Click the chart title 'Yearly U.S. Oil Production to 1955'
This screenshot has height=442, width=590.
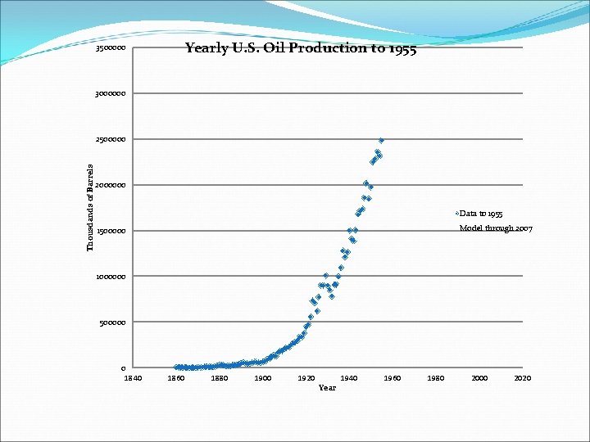click(x=300, y=48)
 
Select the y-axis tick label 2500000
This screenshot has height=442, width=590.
click(x=111, y=140)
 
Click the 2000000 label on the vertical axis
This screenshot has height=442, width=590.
click(x=111, y=186)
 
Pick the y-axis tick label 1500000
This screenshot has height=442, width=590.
click(x=111, y=232)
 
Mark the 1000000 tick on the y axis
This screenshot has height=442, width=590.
click(x=111, y=277)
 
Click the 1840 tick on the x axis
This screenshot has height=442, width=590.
click(x=133, y=378)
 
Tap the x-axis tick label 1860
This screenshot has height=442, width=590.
click(x=176, y=378)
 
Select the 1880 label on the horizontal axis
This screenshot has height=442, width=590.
click(x=220, y=378)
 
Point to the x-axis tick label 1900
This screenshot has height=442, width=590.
click(x=263, y=378)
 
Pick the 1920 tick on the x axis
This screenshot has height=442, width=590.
click(x=306, y=378)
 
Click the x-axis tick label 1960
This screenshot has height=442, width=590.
click(x=393, y=378)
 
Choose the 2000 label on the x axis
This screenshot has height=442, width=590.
click(x=480, y=378)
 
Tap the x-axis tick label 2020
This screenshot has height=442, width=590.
click(x=523, y=378)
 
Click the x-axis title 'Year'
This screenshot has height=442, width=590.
click(x=327, y=388)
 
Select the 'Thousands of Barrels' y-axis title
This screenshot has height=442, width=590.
click(x=91, y=208)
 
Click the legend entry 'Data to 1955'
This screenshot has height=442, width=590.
click(x=487, y=214)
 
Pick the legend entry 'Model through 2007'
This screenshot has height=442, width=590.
click(x=496, y=228)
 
